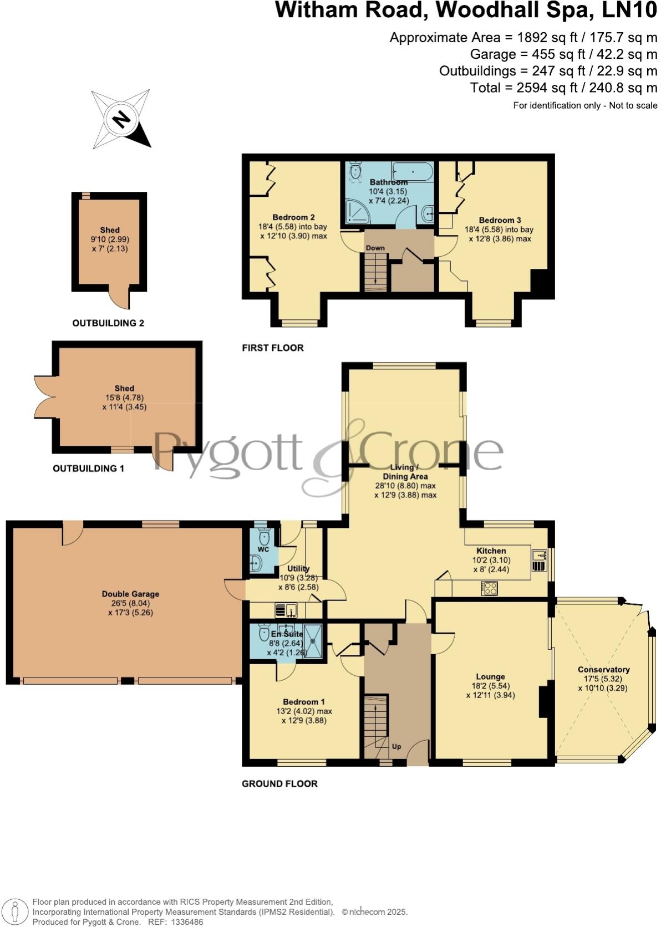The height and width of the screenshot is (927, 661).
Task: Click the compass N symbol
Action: coord(120,119)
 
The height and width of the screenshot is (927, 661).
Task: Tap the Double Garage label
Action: coord(130,594)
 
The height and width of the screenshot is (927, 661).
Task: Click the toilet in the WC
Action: coord(263,537)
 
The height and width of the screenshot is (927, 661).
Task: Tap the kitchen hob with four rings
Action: coord(490,588)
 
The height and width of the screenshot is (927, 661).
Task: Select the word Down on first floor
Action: coord(375,248)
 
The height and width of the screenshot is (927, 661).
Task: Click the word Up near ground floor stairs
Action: coord(396,747)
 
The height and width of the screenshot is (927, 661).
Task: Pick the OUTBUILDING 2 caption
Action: coord(108,323)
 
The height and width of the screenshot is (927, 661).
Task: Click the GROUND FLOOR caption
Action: coord(279,783)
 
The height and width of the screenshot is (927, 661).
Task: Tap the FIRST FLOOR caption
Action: coord(273,348)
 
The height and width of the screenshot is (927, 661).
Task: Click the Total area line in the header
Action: coord(563,88)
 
